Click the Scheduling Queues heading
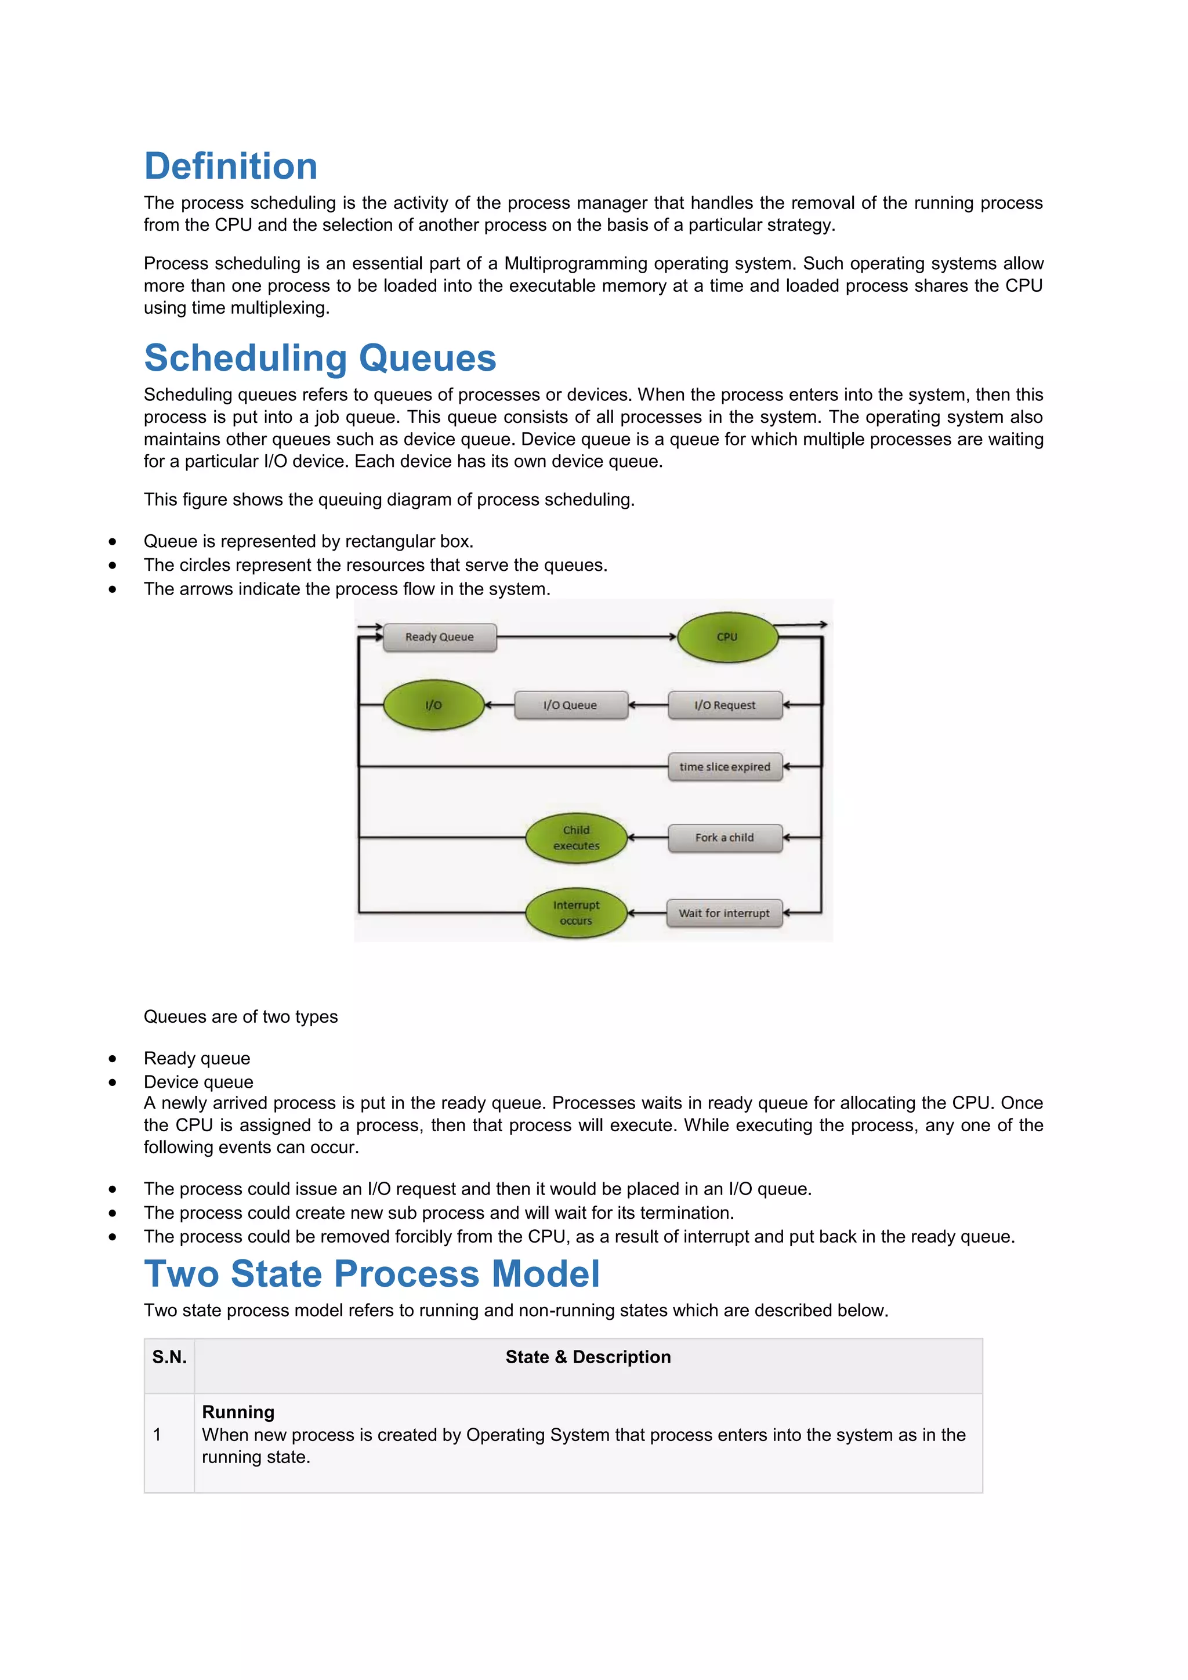coord(320,358)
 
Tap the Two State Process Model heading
coord(372,1274)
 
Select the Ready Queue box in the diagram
coord(440,638)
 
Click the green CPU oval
coord(727,638)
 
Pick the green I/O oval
coord(433,705)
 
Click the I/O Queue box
coord(571,705)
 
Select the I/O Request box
coord(725,705)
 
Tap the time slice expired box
coord(725,767)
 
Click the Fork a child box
coord(725,838)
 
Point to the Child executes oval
coord(577,838)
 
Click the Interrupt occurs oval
coord(577,913)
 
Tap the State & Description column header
coord(588,1357)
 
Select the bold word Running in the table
coord(238,1412)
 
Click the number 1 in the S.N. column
coord(157,1435)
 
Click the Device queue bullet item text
coord(198,1082)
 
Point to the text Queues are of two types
coord(241,1017)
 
